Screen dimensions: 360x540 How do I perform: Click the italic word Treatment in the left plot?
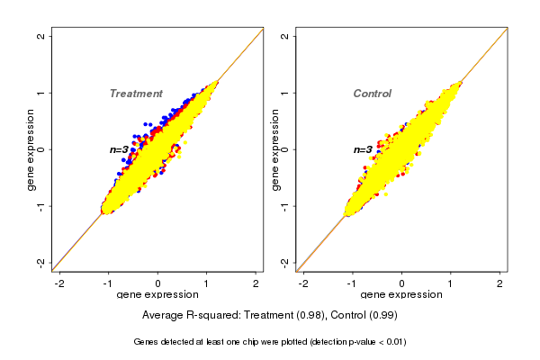(x=136, y=94)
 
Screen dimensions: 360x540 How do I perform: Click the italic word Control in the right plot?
(x=372, y=94)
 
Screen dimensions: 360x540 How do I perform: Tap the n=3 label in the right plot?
(x=364, y=149)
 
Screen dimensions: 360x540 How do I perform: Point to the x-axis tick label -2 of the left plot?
(x=59, y=284)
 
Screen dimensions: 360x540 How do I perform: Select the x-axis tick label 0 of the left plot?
(x=158, y=284)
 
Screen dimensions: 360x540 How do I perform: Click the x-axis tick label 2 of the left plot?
(x=256, y=284)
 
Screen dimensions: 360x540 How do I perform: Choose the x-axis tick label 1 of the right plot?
(x=452, y=284)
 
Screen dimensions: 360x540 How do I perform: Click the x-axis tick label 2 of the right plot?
(x=500, y=284)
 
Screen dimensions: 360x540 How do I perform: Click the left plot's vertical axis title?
(x=31, y=149)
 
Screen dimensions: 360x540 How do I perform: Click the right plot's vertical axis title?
(x=274, y=149)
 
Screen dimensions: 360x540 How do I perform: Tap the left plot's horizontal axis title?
(x=158, y=295)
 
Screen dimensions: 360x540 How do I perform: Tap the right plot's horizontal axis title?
(x=401, y=295)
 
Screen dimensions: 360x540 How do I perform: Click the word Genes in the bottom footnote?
(x=146, y=342)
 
